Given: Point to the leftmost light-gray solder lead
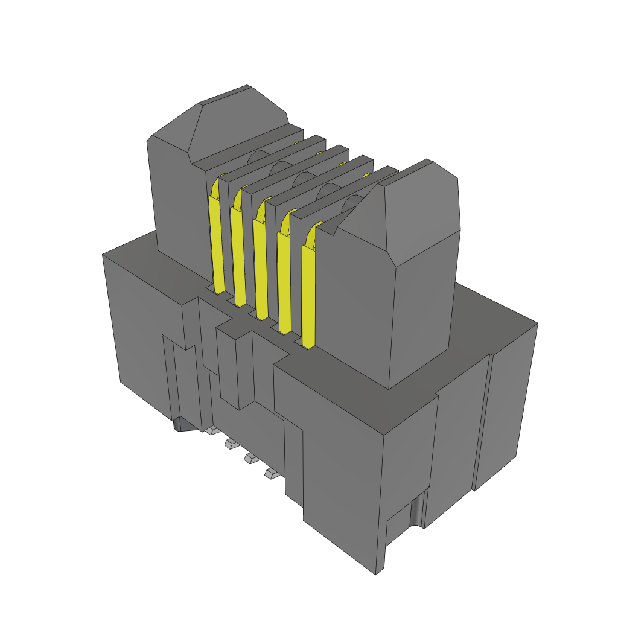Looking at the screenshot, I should click(x=212, y=431).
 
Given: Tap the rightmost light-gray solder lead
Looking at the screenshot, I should click(x=271, y=474).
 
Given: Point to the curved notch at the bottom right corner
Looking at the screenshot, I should click(x=416, y=513).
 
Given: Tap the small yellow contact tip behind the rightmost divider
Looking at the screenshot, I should click(x=367, y=176).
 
